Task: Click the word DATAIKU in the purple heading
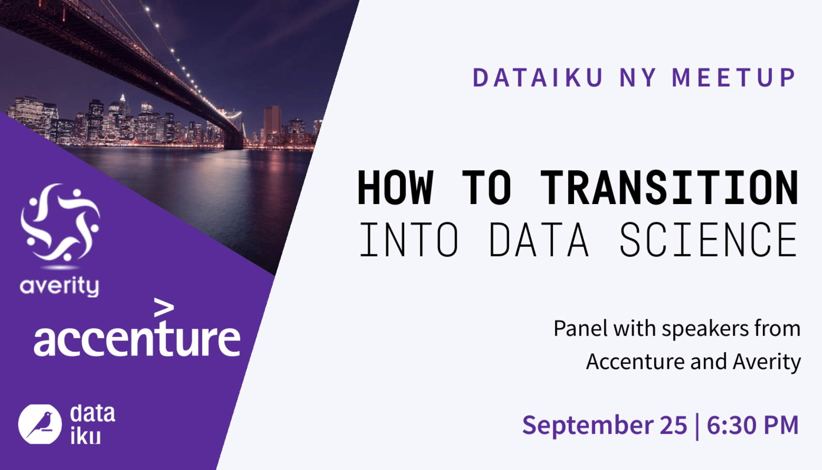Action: tap(538, 78)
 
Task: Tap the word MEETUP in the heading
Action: tap(734, 78)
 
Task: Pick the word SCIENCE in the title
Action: tap(708, 240)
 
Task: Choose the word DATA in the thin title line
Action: tap(539, 240)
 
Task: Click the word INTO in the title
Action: tap(409, 240)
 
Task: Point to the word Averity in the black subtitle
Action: tap(767, 362)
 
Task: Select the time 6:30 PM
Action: tap(752, 425)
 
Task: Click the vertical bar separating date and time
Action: tap(697, 426)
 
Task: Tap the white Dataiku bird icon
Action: tap(40, 424)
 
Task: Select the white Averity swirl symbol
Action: tap(60, 223)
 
